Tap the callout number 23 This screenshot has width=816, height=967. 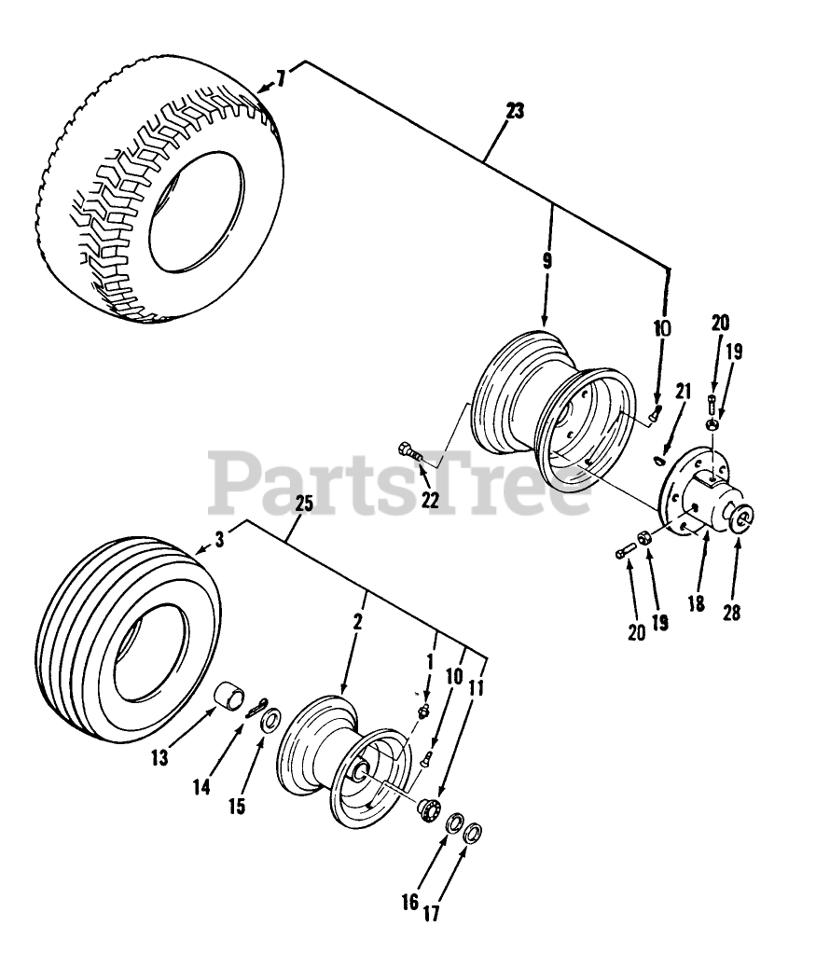515,111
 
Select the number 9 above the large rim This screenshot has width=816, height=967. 546,262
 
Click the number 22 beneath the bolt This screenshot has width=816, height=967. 430,499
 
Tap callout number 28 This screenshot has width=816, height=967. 732,615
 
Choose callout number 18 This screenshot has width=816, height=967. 695,603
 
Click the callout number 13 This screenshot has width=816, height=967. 160,758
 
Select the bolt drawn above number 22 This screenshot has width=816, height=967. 409,453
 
